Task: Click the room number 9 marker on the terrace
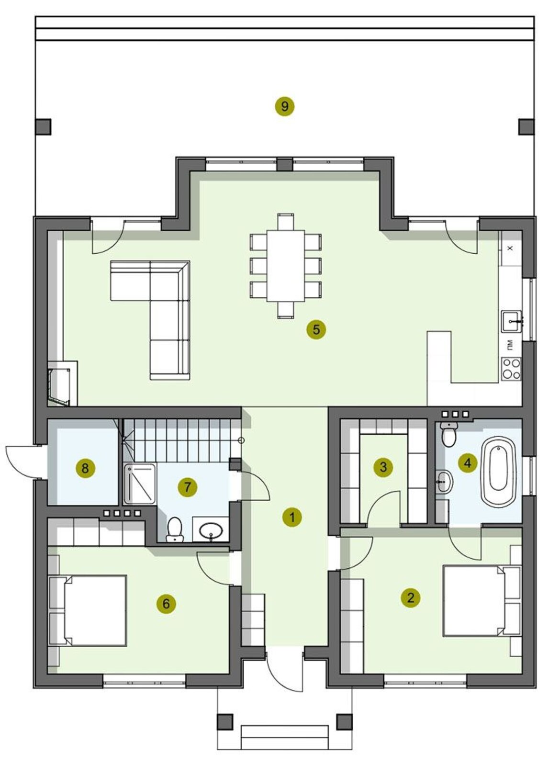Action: (x=284, y=107)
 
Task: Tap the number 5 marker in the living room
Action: (x=316, y=330)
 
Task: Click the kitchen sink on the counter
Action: (x=512, y=321)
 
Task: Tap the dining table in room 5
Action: (x=286, y=266)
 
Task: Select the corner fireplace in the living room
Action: (x=63, y=383)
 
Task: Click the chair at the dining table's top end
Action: (x=286, y=222)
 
